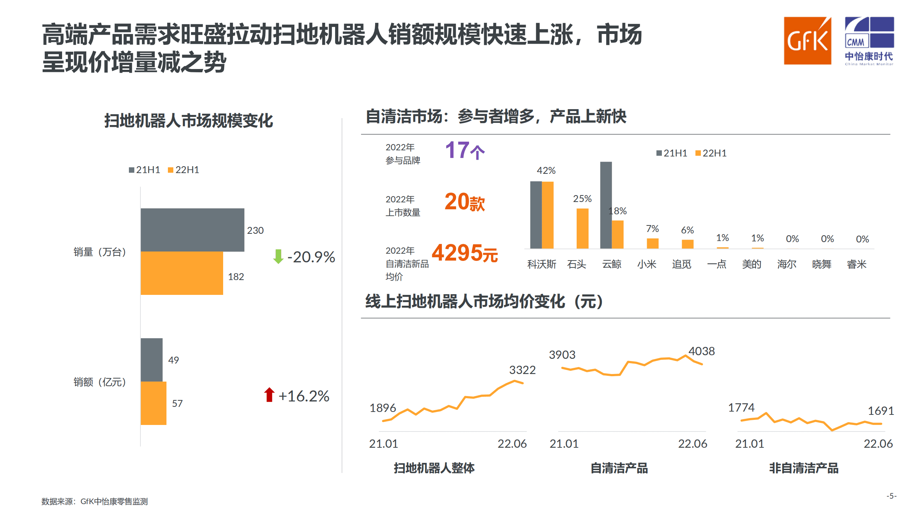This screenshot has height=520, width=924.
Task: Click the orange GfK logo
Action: [807, 40]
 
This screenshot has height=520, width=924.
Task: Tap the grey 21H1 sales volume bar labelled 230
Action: [192, 229]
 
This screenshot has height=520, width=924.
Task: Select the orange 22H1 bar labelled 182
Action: [182, 273]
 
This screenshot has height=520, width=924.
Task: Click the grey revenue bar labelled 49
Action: [151, 360]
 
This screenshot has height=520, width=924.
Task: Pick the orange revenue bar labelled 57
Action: [153, 403]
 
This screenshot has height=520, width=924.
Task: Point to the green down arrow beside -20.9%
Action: [278, 256]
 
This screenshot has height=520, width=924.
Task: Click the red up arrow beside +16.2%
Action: [269, 395]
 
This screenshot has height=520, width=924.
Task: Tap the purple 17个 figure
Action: [464, 150]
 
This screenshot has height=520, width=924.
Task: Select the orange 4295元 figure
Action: [464, 253]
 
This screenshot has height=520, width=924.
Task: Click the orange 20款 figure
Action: [464, 202]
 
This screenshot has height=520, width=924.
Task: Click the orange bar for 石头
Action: [582, 228]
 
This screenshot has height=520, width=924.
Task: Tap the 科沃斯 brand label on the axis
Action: [542, 264]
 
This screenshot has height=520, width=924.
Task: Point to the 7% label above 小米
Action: [652, 229]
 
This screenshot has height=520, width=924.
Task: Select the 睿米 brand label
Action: [856, 264]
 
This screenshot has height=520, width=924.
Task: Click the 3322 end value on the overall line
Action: [522, 370]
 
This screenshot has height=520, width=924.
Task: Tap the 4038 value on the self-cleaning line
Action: [701, 351]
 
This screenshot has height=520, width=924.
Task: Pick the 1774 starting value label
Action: [741, 407]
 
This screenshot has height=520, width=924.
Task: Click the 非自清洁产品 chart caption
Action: [803, 468]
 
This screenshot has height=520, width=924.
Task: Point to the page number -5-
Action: [891, 496]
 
